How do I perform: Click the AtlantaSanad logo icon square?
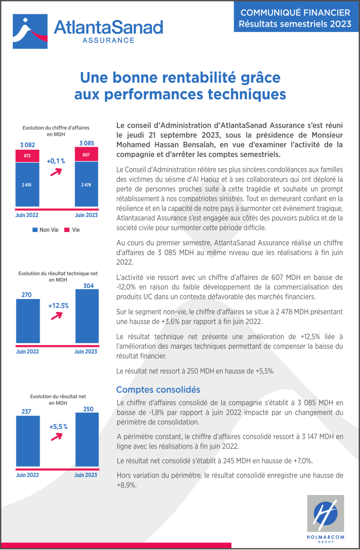tap(30, 31)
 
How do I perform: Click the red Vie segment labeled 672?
tap(27, 156)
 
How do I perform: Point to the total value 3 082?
tap(27, 145)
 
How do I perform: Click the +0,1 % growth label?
tap(56, 161)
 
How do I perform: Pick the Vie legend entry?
tap(72, 230)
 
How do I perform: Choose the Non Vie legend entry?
tap(46, 230)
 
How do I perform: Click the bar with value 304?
tap(87, 316)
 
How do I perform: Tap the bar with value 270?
tap(28, 321)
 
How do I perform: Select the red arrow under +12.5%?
tap(57, 316)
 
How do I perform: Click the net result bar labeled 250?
tap(87, 439)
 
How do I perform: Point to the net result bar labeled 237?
tap(28, 441)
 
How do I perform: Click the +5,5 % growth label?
tap(58, 427)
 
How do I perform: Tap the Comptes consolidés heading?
tap(158, 389)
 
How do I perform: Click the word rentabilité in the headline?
tap(201, 78)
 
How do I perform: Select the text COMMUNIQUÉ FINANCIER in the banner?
tap(295, 13)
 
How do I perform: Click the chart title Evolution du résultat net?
tap(58, 396)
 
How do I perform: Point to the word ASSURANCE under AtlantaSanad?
tap(109, 40)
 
